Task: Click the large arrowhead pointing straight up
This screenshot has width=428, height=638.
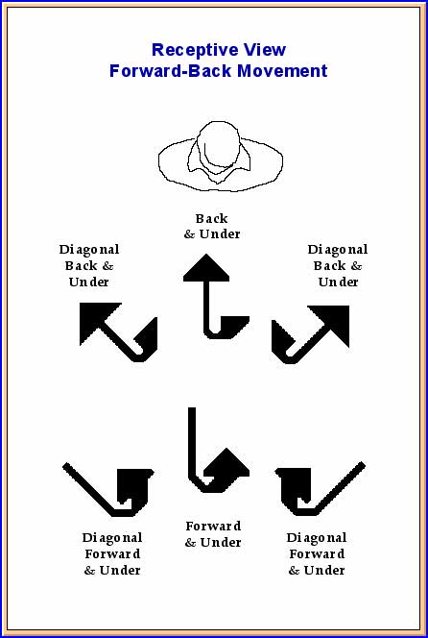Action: pos(206,267)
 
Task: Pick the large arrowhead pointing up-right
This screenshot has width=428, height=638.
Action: pos(332,323)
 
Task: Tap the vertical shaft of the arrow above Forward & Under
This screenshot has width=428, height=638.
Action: pos(192,443)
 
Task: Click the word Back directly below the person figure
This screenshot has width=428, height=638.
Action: pos(211,218)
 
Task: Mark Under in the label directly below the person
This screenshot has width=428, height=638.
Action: pos(218,234)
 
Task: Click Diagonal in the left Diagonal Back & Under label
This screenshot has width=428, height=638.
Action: pos(89,250)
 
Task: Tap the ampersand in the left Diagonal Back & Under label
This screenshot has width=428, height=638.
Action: pos(107,266)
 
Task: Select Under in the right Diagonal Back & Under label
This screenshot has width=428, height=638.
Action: pos(338,282)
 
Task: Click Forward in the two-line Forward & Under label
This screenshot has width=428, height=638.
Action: pos(213,527)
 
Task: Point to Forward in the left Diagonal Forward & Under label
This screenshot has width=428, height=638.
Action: pos(112,554)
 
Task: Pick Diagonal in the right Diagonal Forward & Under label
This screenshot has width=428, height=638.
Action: pos(317,538)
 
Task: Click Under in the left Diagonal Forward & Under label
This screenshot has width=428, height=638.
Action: pos(120,571)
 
